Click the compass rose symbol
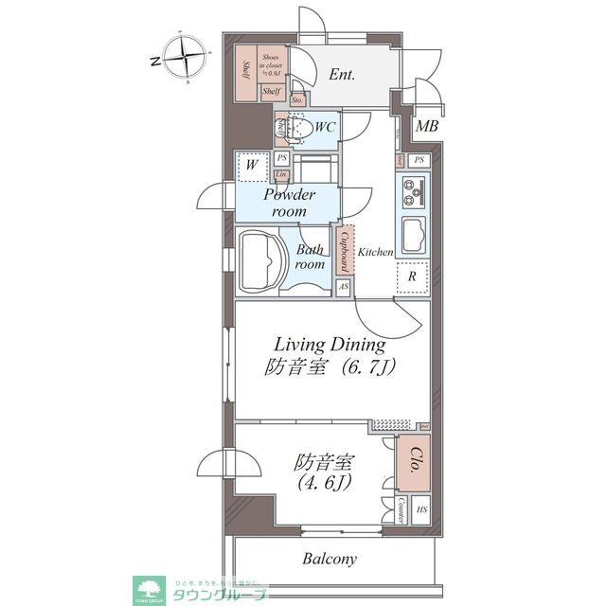[x=185, y=59]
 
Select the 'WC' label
[x=324, y=126]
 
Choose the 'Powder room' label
[x=290, y=202]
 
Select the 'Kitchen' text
[x=375, y=252]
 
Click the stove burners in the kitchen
[x=415, y=192]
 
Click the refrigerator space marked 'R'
[x=413, y=277]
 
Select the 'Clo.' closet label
[x=414, y=465]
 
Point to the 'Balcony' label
[x=330, y=559]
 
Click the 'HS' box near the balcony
[x=421, y=509]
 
